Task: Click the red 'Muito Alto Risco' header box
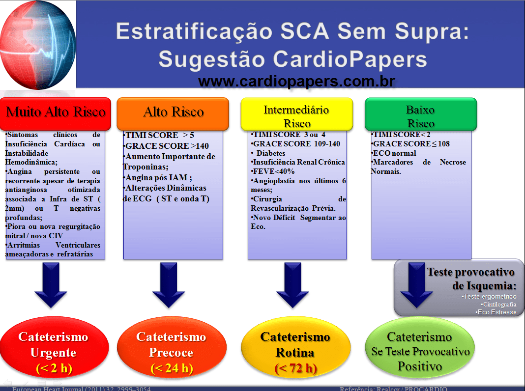pyautogui.click(x=56, y=113)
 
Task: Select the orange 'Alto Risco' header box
pyautogui.click(x=173, y=113)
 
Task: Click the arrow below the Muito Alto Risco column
pyautogui.click(x=54, y=284)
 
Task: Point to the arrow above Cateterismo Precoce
pyautogui.click(x=171, y=284)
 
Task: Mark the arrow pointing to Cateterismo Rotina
pyautogui.click(x=295, y=284)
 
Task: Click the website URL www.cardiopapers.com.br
pyautogui.click(x=296, y=81)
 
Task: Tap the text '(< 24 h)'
pyautogui.click(x=171, y=368)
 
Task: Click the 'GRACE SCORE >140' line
pyautogui.click(x=167, y=146)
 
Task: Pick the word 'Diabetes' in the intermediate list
pyautogui.click(x=271, y=153)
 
